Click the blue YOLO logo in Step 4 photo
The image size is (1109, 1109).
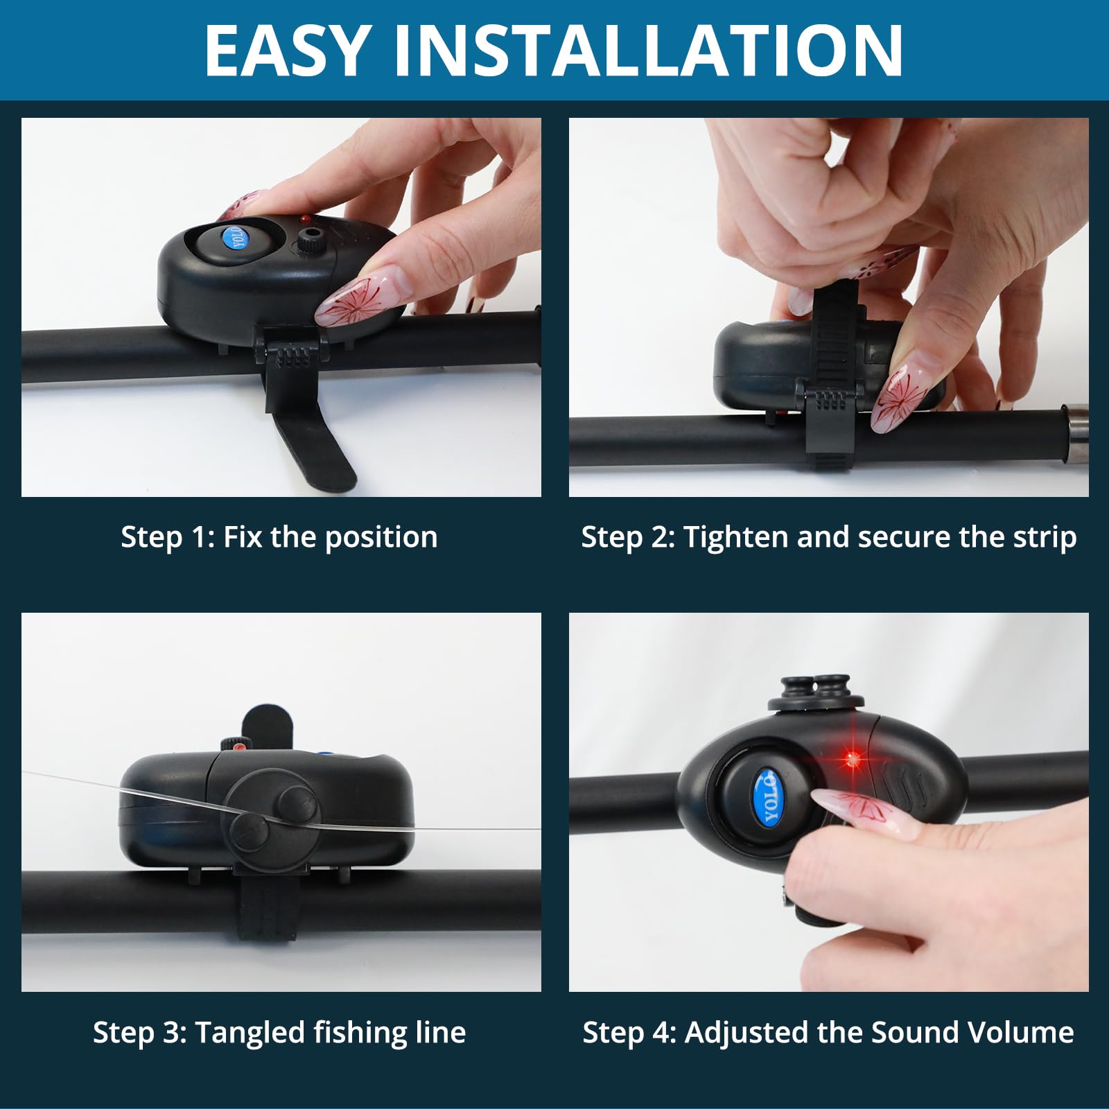click(769, 796)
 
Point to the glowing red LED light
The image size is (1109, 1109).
click(853, 760)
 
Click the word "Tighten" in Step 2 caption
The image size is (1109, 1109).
click(736, 538)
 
